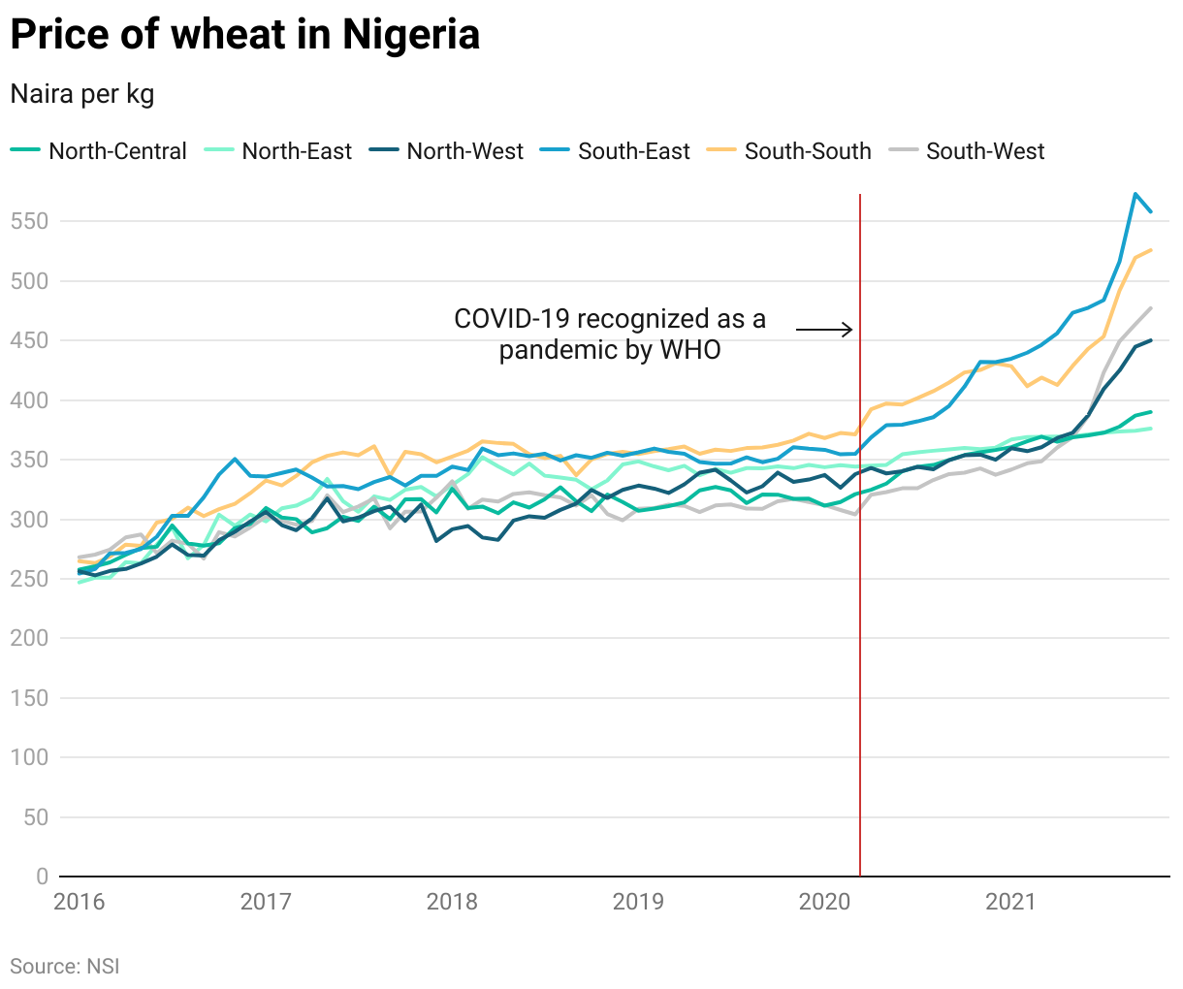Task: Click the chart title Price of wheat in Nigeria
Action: point(244,35)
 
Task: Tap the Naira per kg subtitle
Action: point(82,94)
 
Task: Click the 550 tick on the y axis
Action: point(29,221)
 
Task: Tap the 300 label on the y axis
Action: point(29,519)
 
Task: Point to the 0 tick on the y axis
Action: point(42,877)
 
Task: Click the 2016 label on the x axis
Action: point(80,903)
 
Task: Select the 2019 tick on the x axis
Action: point(638,903)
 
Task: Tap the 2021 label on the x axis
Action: point(1010,903)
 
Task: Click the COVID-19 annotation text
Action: point(610,334)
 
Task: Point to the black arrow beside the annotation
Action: point(824,330)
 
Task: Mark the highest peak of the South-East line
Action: point(1135,194)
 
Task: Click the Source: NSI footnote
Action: point(65,966)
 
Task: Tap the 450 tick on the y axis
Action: point(29,340)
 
